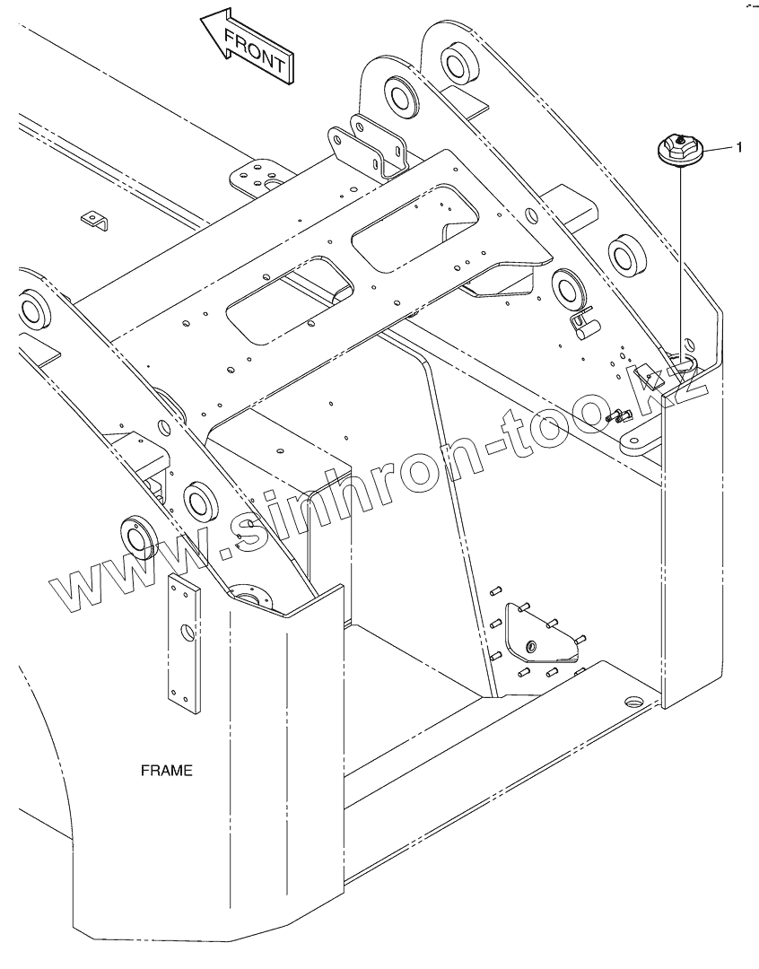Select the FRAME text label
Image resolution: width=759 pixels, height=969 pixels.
(x=167, y=770)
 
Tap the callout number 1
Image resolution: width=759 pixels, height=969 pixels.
(x=738, y=147)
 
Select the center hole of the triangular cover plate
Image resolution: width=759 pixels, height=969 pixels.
(x=532, y=645)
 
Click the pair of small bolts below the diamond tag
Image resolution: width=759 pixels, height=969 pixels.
(x=620, y=415)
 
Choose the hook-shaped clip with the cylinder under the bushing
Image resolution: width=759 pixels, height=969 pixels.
(x=583, y=323)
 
